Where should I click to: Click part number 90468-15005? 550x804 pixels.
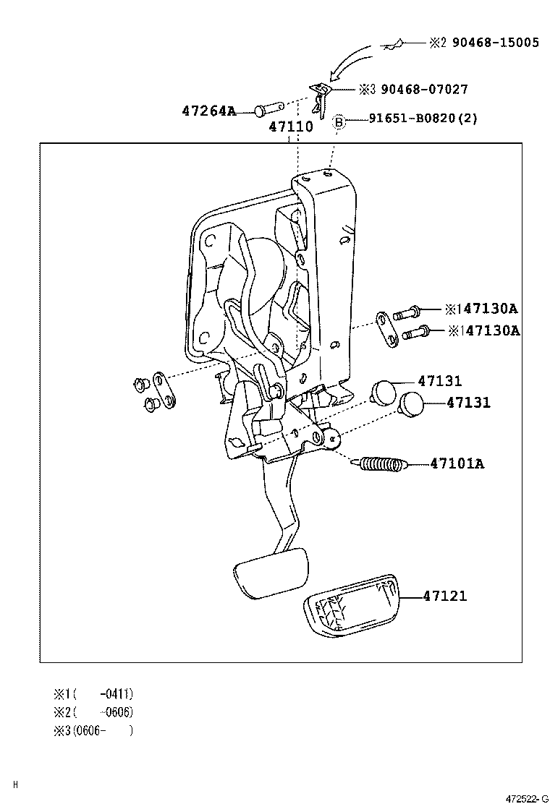coord(495,43)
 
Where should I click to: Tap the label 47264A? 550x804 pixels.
coord(209,111)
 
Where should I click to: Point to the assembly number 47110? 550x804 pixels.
coord(291,127)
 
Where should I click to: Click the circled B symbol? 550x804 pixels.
coord(338,121)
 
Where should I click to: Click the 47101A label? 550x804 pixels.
coord(456,463)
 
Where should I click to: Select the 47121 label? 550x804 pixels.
coord(444,596)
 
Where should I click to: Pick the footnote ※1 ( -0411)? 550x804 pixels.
coord(93,693)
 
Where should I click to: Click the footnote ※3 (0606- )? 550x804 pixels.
coord(93,730)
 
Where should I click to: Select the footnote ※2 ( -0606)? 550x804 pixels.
coord(93,711)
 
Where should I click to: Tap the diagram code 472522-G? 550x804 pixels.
coord(526,797)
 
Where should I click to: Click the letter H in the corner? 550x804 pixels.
coord(15,784)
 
